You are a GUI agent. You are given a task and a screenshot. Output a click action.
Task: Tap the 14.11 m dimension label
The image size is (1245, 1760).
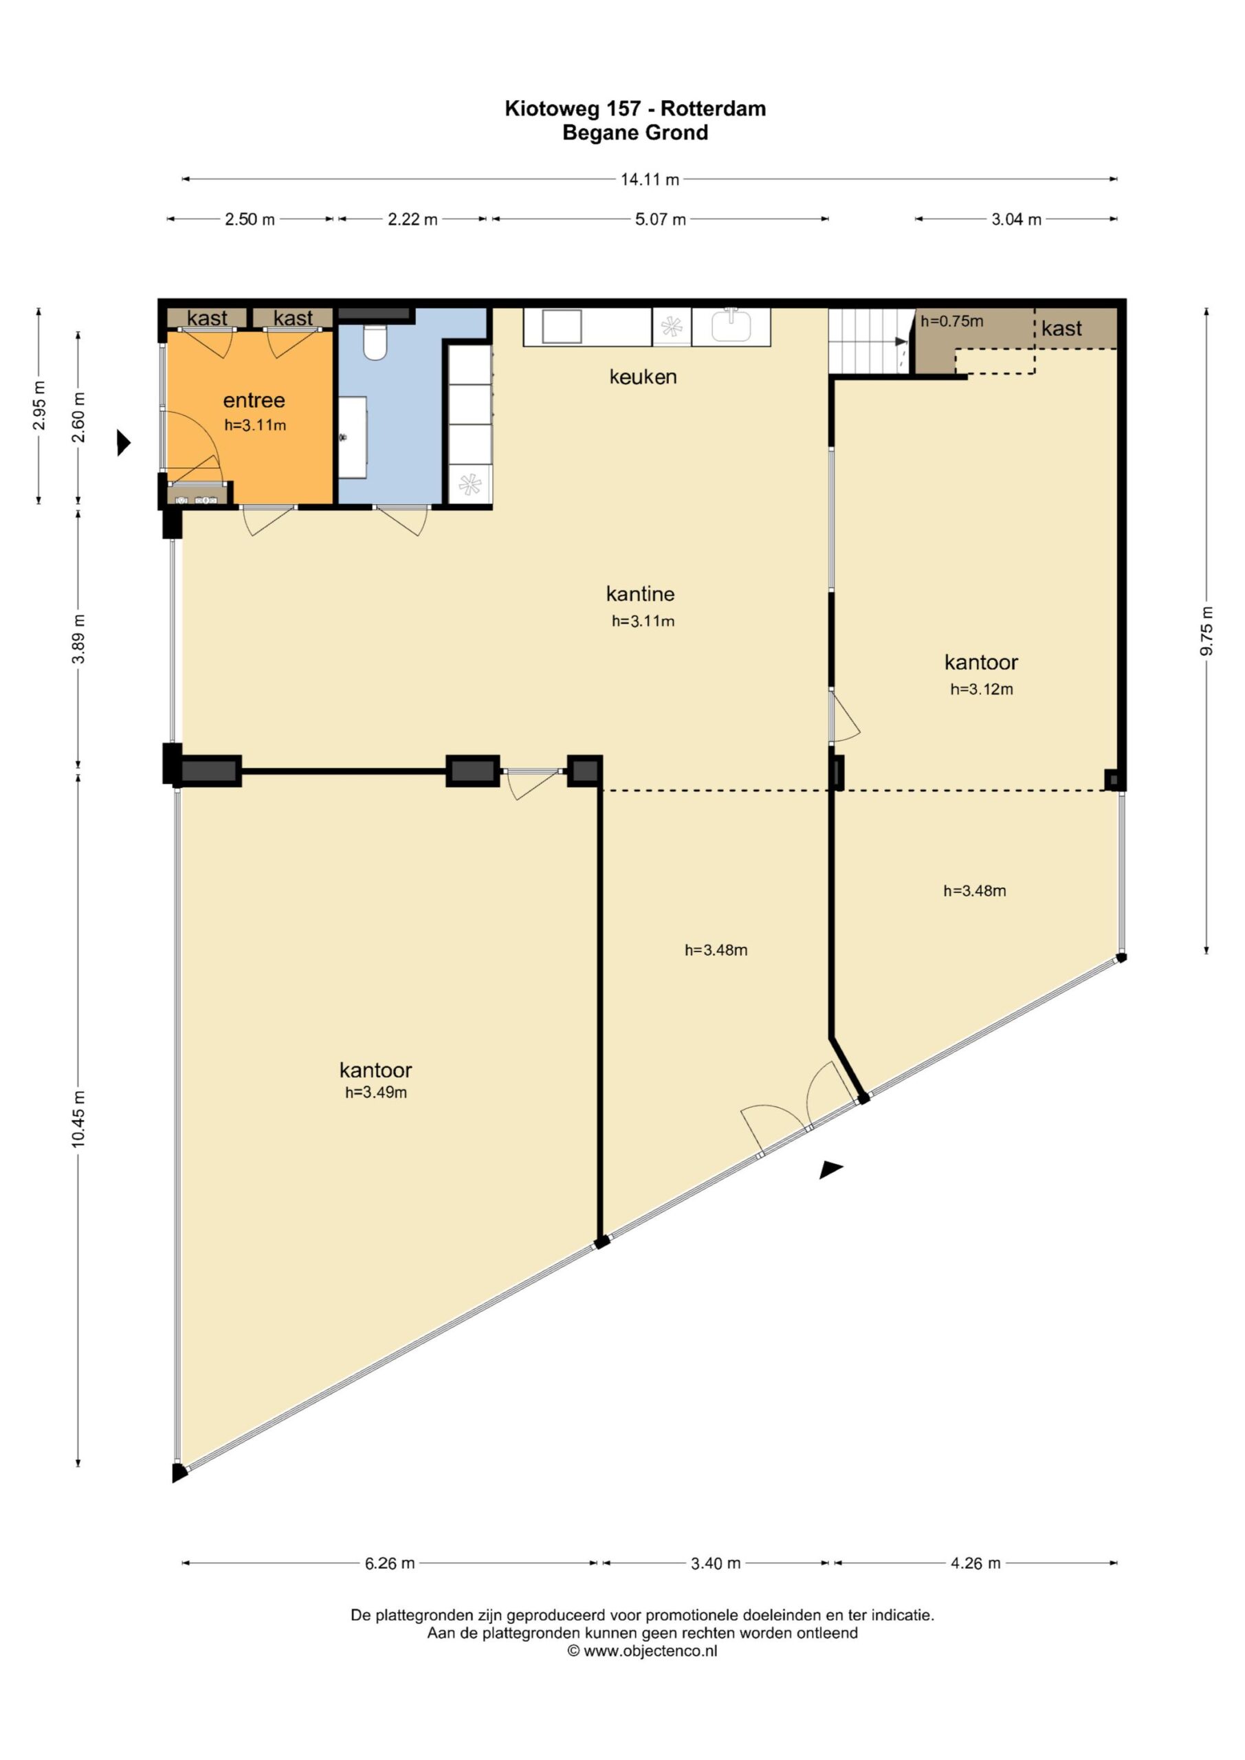[650, 179]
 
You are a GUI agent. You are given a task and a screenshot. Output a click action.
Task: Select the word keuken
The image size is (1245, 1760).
[643, 376]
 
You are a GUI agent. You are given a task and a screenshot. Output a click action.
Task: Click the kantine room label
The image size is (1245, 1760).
[641, 593]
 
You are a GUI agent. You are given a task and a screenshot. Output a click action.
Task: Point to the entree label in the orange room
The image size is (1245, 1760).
[254, 400]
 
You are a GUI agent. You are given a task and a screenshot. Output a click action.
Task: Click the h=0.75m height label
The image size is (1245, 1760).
[952, 321]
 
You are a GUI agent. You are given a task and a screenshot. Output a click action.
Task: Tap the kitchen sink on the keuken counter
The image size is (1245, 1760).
[731, 327]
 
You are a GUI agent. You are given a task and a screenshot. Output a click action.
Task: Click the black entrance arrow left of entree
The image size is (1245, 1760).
[124, 442]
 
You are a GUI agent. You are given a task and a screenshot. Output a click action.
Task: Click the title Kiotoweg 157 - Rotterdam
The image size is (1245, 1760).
[635, 109]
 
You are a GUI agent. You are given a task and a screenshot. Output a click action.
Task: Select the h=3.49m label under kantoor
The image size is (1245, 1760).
[375, 1092]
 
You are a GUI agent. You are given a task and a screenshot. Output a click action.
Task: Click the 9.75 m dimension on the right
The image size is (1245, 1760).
[1207, 631]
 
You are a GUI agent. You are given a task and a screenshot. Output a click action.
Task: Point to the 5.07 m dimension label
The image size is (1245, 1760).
[660, 219]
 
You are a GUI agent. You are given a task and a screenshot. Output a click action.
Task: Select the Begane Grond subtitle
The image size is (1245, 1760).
[635, 133]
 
